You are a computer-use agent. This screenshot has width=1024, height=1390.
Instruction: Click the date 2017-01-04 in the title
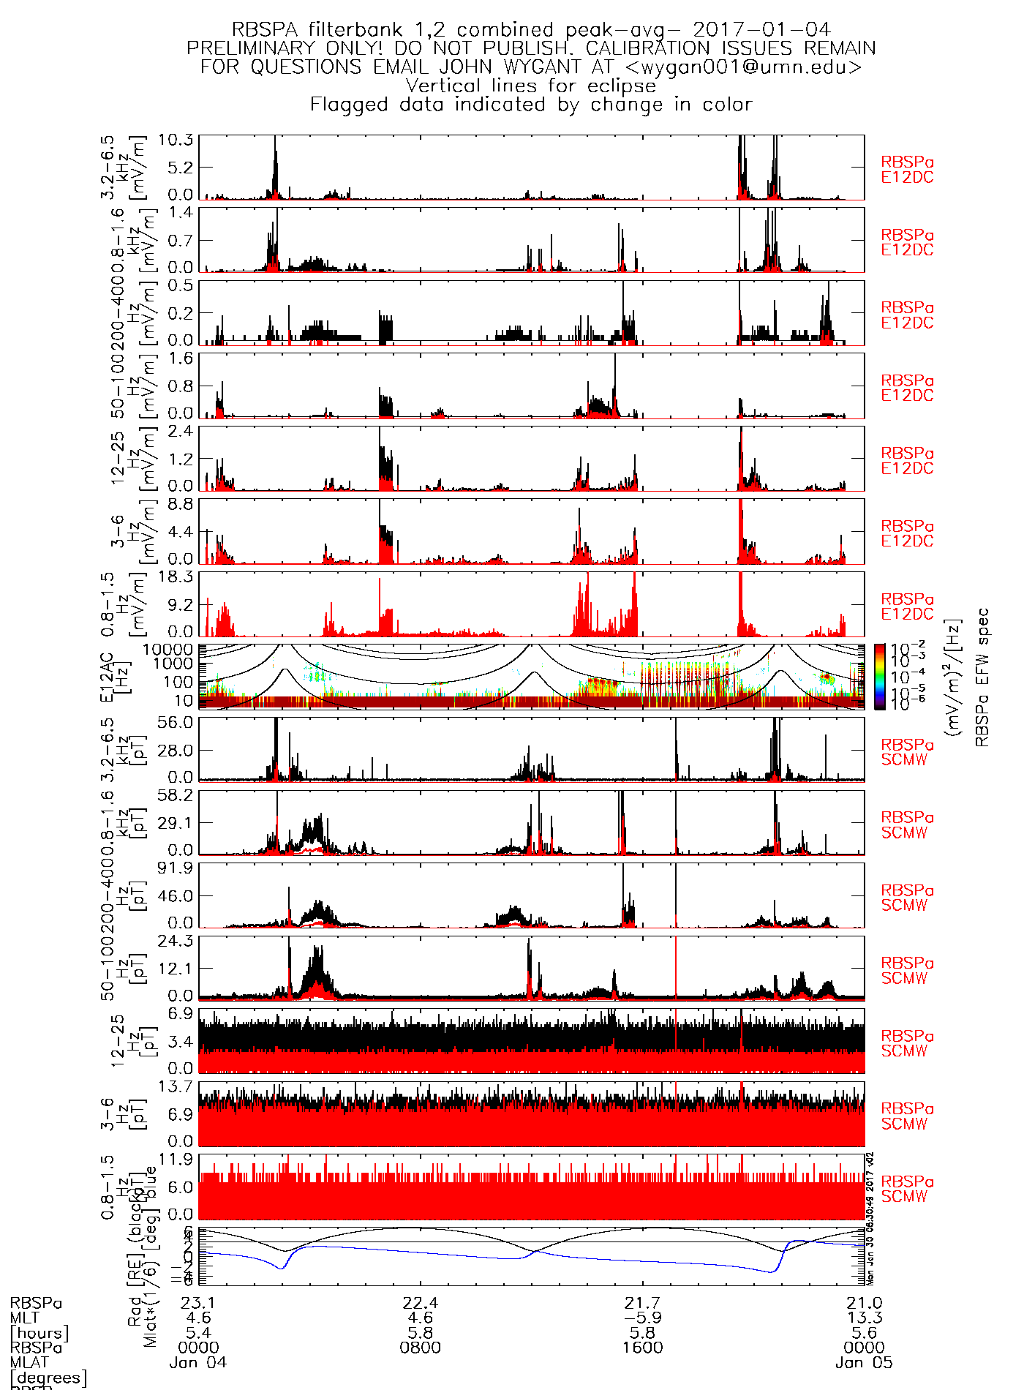(761, 30)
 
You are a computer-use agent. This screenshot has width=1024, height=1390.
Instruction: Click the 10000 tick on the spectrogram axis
(168, 650)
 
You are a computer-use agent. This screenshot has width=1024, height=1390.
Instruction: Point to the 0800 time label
(421, 1348)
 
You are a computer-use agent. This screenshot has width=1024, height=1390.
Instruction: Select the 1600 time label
(643, 1348)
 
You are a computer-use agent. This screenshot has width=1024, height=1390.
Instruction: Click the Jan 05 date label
(864, 1363)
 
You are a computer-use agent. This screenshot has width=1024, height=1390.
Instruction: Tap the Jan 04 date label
(198, 1363)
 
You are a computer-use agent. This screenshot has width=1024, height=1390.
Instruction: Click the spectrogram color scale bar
(880, 677)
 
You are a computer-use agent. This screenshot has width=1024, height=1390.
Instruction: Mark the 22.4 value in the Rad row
(421, 1303)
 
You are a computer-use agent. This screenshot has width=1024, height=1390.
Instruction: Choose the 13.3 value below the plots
(865, 1318)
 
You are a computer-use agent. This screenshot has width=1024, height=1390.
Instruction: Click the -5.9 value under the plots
(643, 1318)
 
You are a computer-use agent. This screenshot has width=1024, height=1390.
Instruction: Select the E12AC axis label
(107, 677)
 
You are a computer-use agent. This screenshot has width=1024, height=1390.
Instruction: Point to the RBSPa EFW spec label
(982, 677)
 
